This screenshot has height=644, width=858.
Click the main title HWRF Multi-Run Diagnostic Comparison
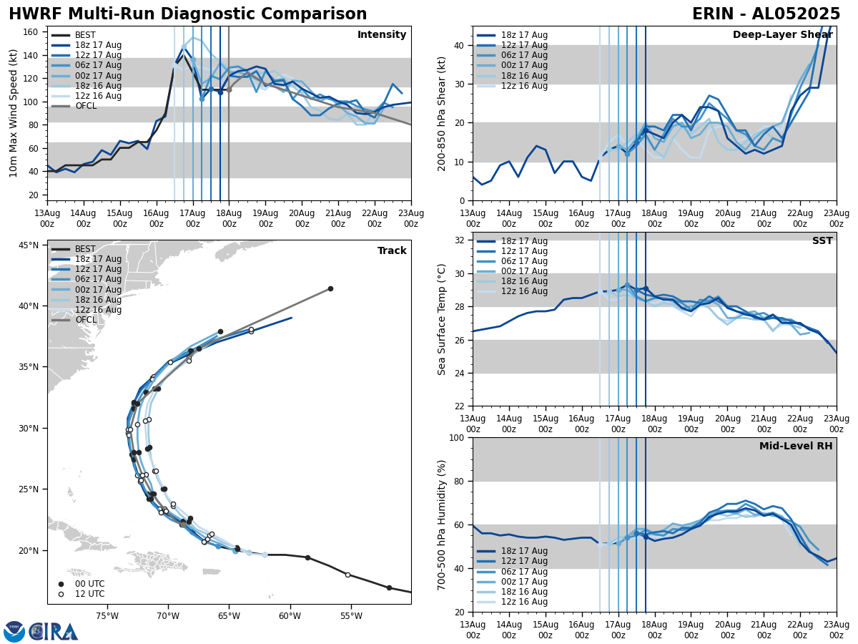(x=187, y=14)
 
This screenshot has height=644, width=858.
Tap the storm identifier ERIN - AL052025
(x=766, y=14)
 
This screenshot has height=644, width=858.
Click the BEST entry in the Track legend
(x=85, y=249)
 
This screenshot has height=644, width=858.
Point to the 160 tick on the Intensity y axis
(x=31, y=32)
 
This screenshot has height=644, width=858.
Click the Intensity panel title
(x=381, y=35)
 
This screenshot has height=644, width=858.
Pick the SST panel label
(x=822, y=241)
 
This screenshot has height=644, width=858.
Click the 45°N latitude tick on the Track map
(x=29, y=245)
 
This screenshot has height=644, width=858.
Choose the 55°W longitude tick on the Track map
(x=350, y=615)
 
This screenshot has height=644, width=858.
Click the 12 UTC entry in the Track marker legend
(x=84, y=594)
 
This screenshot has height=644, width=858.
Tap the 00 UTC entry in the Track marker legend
(x=84, y=584)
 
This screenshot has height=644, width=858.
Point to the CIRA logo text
(x=54, y=631)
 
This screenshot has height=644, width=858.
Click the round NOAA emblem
(x=14, y=631)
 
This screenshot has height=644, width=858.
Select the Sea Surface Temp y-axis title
(x=442, y=319)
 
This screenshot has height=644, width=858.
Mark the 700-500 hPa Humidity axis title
(x=442, y=525)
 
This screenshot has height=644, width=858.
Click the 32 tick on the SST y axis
(x=461, y=240)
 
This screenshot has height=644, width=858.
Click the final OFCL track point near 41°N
(x=330, y=288)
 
